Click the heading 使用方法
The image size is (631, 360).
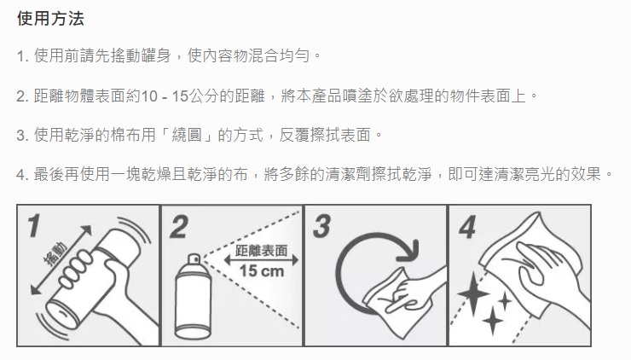[x=50, y=19]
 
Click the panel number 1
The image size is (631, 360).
[x=34, y=225]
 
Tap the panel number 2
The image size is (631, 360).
[x=179, y=227]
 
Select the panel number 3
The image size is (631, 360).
[x=322, y=226]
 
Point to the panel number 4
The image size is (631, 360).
[x=467, y=227]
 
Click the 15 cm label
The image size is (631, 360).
[x=262, y=271]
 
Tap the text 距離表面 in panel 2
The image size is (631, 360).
[x=262, y=251]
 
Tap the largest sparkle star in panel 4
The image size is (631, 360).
[x=473, y=293]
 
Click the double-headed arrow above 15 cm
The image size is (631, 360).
[x=262, y=260]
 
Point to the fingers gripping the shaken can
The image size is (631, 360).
[x=77, y=268]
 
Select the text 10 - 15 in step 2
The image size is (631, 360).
[x=165, y=96]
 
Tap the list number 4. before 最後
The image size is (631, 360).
[x=22, y=175]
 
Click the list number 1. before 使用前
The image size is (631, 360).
[x=22, y=56]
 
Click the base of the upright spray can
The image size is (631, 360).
[x=193, y=332]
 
